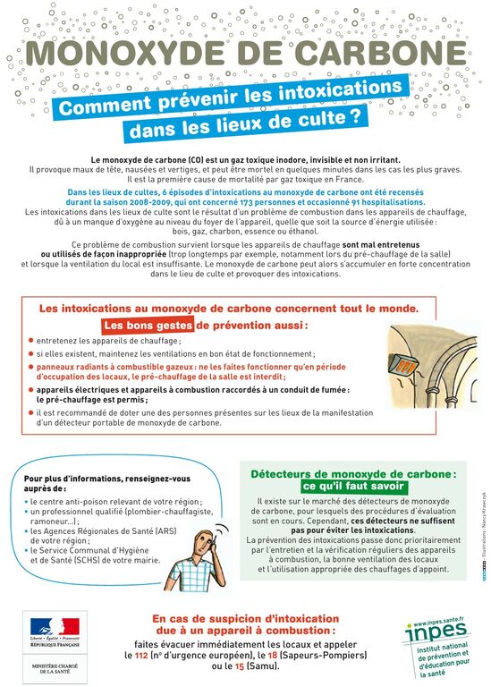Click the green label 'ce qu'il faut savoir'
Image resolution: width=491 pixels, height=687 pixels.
[352, 487]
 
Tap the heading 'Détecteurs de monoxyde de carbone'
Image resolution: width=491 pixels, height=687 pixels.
[352, 473]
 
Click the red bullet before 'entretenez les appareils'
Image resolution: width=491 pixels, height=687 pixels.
[30, 341]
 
